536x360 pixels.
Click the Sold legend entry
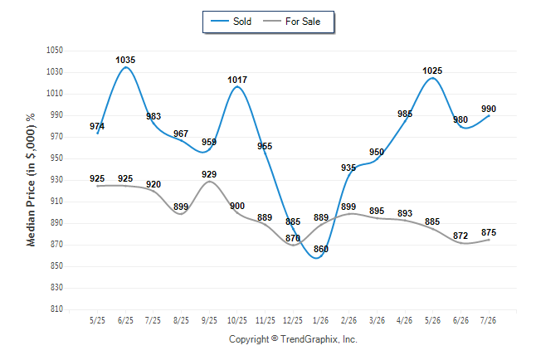point(231,22)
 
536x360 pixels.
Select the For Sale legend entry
point(291,22)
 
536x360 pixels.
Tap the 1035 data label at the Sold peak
point(125,61)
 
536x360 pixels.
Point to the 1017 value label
point(237,80)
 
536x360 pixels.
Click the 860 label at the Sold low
point(321,249)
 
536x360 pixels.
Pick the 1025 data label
point(432,71)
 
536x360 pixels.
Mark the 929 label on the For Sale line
point(209,174)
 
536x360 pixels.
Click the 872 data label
point(460,236)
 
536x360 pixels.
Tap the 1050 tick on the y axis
point(55,51)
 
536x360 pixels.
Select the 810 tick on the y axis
point(56,309)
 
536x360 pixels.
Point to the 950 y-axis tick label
point(56,158)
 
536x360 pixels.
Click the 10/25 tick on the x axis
point(237,320)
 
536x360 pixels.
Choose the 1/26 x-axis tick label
point(320,320)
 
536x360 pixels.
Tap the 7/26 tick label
point(488,320)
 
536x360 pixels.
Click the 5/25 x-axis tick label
point(97,320)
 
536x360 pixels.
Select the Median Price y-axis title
point(31,180)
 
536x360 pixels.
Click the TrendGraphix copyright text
point(293,339)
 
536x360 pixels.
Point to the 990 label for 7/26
point(489,109)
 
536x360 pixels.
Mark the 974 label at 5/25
point(97,126)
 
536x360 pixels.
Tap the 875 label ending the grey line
point(489,232)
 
